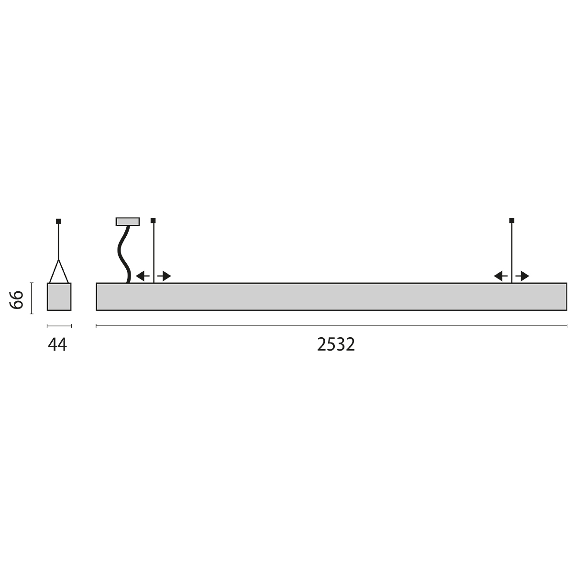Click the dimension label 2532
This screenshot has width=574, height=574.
tap(336, 344)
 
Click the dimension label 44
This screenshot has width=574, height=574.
tap(57, 344)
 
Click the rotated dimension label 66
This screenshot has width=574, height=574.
tap(16, 300)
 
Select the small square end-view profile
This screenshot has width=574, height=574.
tap(59, 297)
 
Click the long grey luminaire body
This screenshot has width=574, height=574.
tap(331, 297)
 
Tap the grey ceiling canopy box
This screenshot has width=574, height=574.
tap(128, 221)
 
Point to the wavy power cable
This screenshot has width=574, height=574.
tap(124, 254)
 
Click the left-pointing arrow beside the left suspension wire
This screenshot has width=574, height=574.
tap(143, 276)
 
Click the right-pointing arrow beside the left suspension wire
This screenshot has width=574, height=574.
tap(164, 276)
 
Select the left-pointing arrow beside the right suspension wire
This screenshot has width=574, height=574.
tap(500, 276)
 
